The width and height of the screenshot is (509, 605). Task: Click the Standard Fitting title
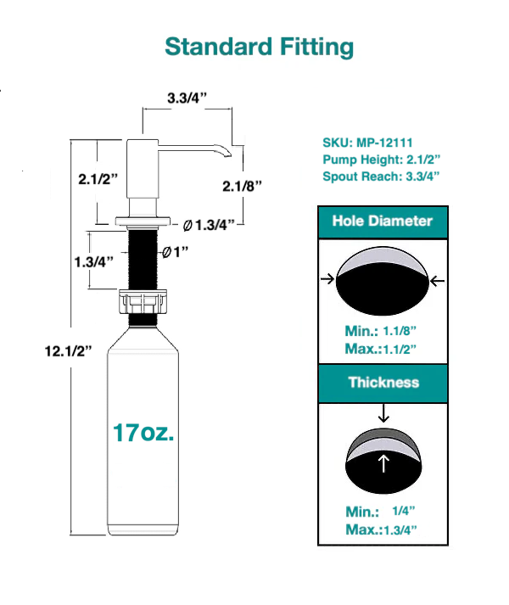tap(259, 46)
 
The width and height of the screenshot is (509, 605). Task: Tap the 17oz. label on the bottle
tap(143, 432)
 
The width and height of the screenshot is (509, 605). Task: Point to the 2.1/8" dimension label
tap(242, 184)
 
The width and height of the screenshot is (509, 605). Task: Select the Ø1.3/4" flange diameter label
tap(209, 225)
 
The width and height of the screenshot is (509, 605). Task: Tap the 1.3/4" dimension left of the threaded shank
tap(91, 261)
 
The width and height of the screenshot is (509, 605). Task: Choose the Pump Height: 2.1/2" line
tap(381, 160)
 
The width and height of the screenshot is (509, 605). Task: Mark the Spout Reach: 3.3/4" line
tap(381, 176)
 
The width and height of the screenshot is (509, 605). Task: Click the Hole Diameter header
tap(382, 221)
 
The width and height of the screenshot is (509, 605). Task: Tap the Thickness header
tap(383, 382)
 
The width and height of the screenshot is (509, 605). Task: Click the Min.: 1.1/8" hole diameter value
tap(382, 333)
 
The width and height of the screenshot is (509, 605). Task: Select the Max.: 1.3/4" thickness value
tap(382, 529)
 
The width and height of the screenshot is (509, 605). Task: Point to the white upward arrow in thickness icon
tap(383, 463)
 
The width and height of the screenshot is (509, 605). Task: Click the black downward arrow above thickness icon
tap(383, 413)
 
